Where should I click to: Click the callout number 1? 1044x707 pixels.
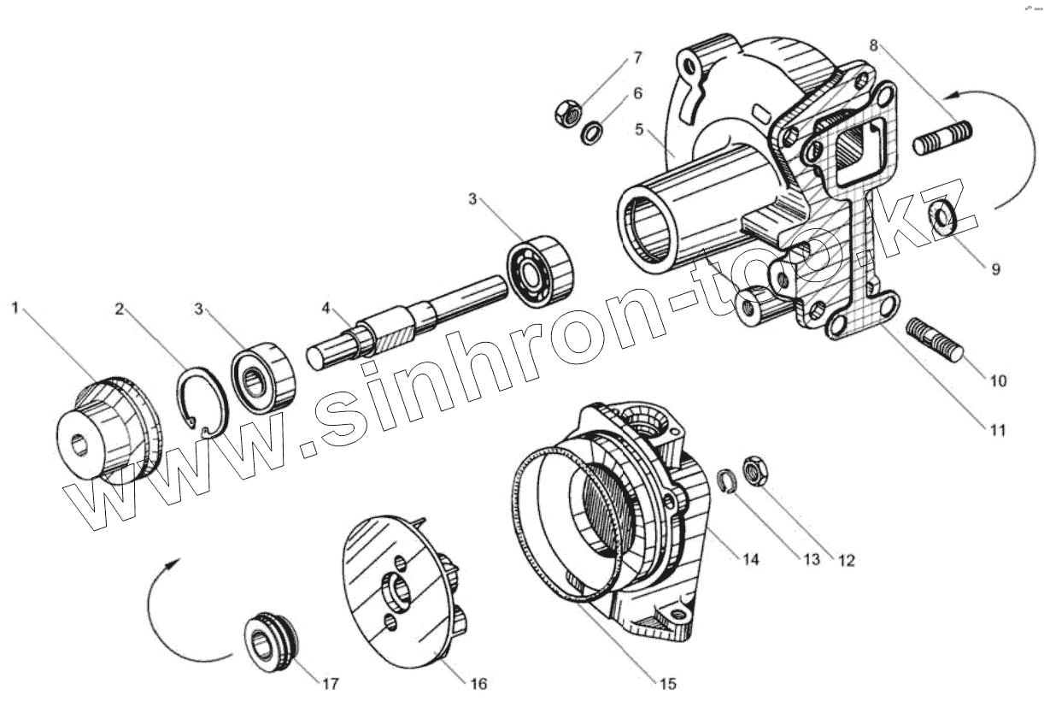15,306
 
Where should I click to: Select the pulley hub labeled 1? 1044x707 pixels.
103,432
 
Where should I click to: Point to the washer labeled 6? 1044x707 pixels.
590,133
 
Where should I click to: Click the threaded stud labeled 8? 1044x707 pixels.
943,138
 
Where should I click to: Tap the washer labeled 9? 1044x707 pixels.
944,219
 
